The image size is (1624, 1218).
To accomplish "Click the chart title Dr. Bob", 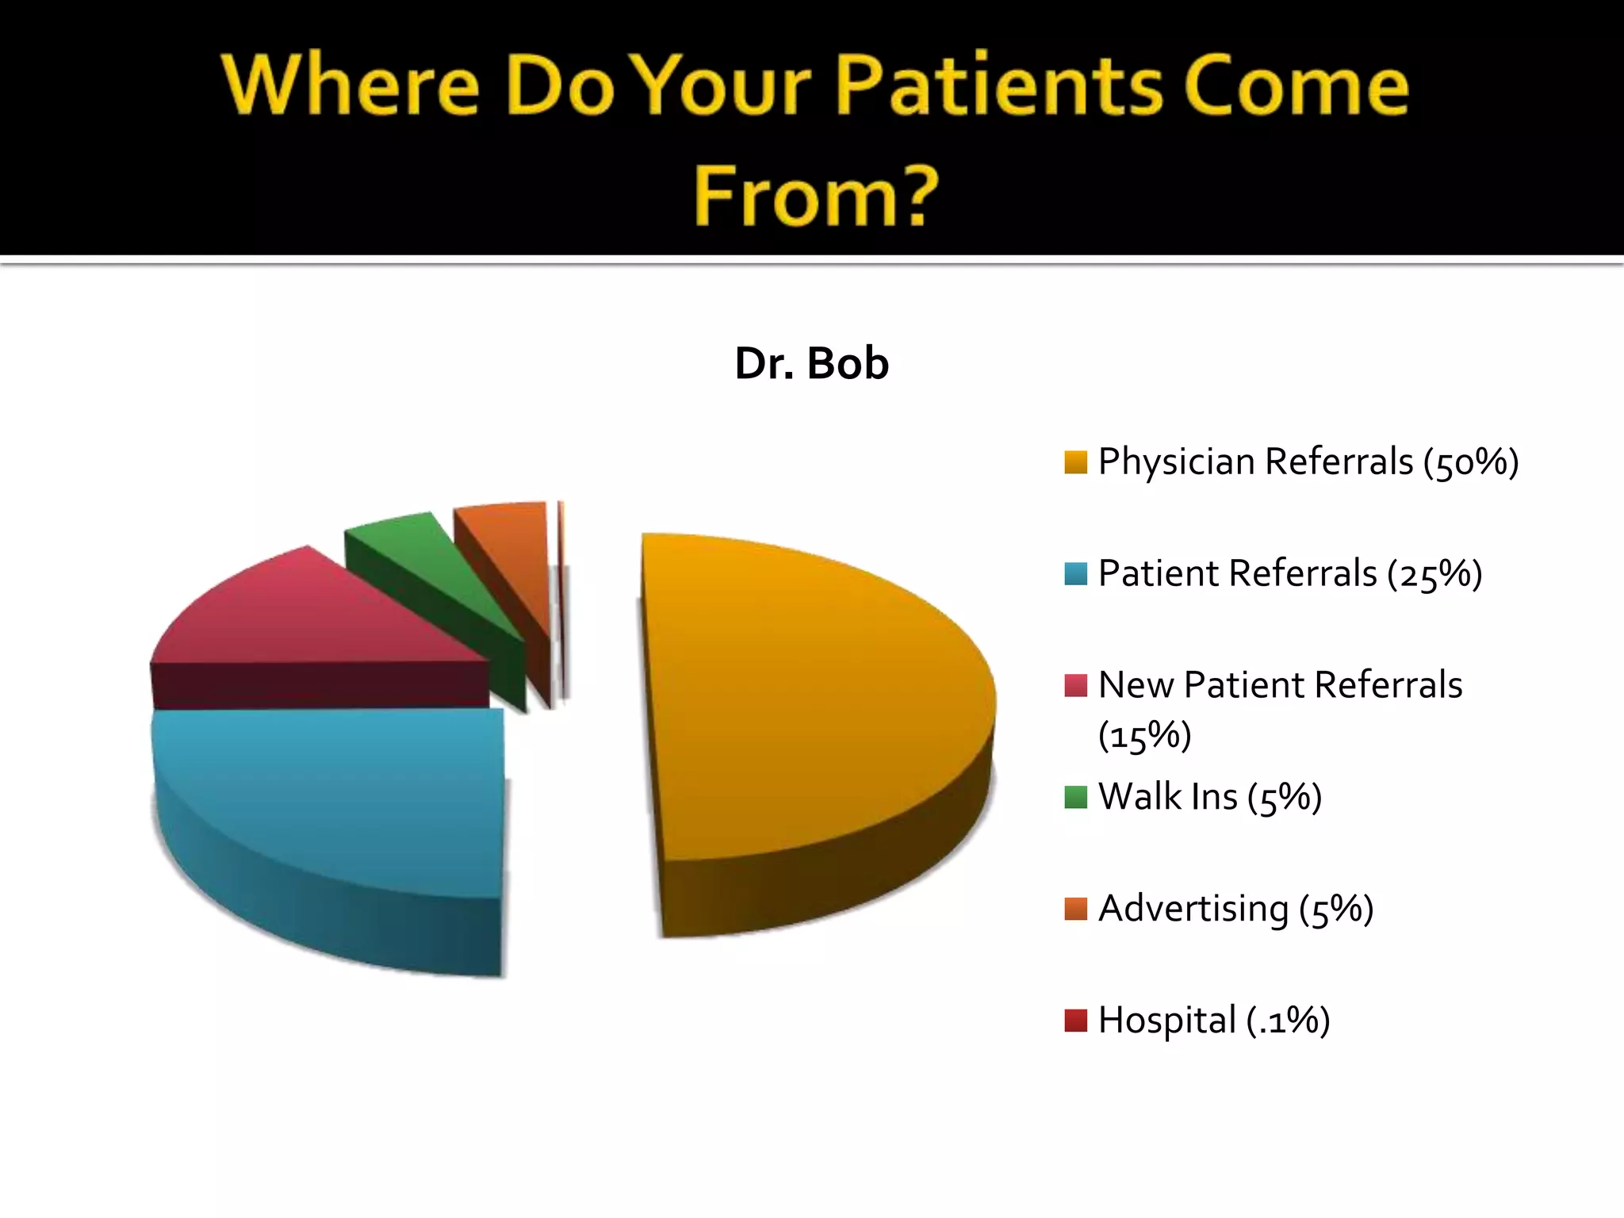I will pyautogui.click(x=811, y=364).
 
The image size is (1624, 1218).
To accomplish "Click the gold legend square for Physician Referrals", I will pyautogui.click(x=1075, y=462).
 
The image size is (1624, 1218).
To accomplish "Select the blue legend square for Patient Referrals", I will pyautogui.click(x=1075, y=574).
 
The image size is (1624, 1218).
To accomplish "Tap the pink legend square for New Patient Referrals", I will pyautogui.click(x=1075, y=685).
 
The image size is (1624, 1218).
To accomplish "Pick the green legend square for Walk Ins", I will pyautogui.click(x=1075, y=797).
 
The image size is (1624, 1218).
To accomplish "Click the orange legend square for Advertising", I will pyautogui.click(x=1075, y=909).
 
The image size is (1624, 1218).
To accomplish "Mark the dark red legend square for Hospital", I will pyautogui.click(x=1075, y=1021).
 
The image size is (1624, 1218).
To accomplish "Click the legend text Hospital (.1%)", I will pyautogui.click(x=1213, y=1021).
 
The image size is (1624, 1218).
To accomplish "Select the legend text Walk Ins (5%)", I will pyautogui.click(x=1209, y=797).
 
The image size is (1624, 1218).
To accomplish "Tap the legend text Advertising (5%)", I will pyautogui.click(x=1235, y=909).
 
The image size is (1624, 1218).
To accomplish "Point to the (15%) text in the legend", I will pyautogui.click(x=1144, y=736).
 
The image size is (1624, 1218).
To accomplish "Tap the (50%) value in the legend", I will pyautogui.click(x=1470, y=462).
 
